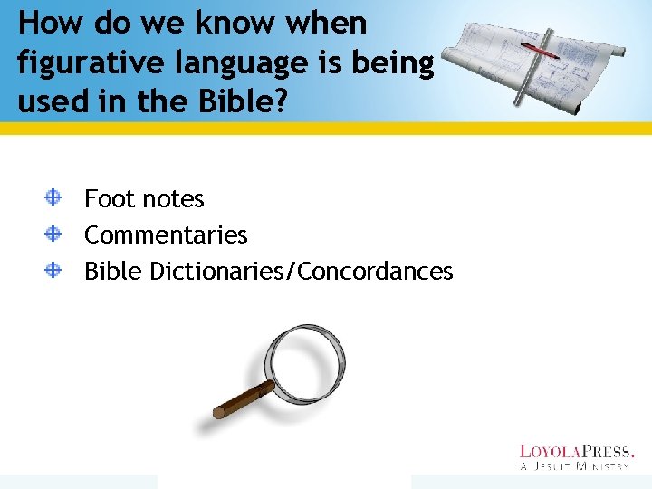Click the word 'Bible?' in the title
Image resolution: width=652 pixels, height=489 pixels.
pyautogui.click(x=237, y=101)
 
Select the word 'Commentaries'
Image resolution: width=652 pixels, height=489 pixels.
pyautogui.click(x=166, y=235)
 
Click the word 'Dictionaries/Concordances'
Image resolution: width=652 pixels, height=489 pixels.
pyautogui.click(x=302, y=271)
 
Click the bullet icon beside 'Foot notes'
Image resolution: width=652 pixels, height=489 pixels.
pyautogui.click(x=54, y=196)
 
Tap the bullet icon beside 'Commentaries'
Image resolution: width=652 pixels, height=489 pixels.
pyautogui.click(x=54, y=233)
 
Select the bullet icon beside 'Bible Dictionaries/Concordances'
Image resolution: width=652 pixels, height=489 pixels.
pyautogui.click(x=54, y=269)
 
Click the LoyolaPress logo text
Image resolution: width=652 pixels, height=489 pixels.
pyautogui.click(x=576, y=451)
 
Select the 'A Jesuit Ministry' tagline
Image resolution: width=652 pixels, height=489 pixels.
pyautogui.click(x=576, y=465)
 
